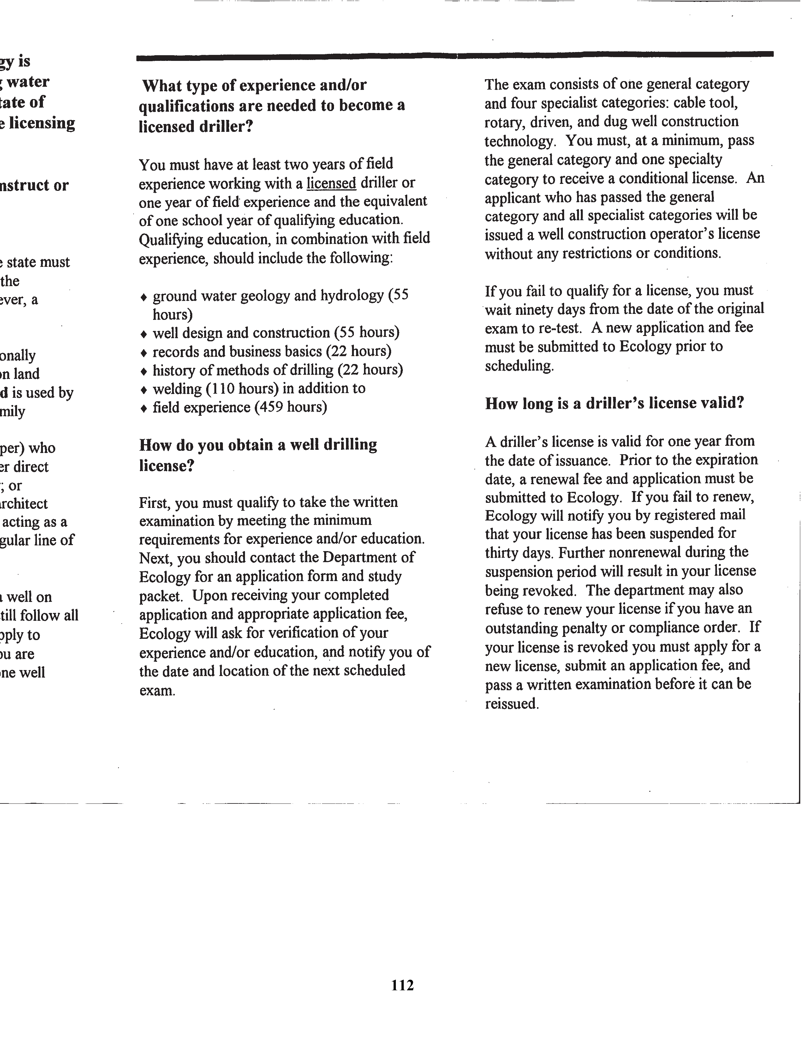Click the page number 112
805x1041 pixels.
click(402, 985)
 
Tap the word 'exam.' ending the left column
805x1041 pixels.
click(158, 690)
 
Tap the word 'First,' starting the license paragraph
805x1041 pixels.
click(154, 503)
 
